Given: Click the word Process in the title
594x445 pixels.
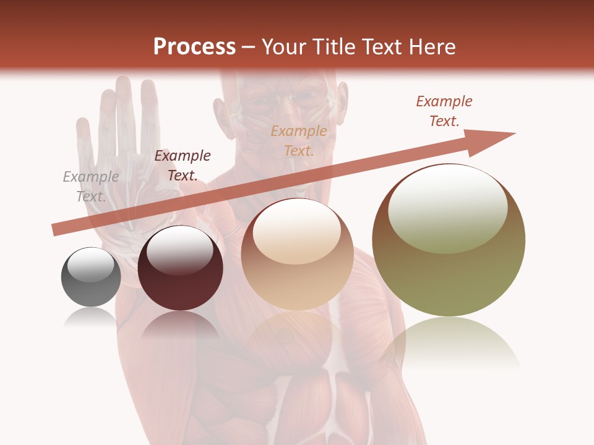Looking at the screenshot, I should (x=194, y=47).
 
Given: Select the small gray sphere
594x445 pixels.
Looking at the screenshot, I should (x=91, y=277).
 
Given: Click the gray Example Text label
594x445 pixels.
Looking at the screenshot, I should (x=91, y=186).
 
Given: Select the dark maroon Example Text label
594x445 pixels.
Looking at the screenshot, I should (x=183, y=165).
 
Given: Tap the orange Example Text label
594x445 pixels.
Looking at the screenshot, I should (x=299, y=140).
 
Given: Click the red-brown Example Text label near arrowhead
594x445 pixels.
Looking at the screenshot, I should (x=444, y=111).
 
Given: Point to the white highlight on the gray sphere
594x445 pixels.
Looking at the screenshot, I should (x=91, y=265).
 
